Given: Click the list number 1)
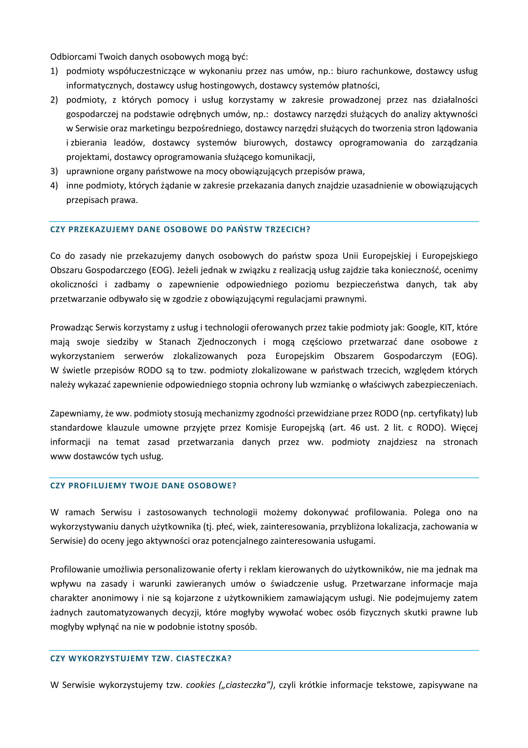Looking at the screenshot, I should [x=54, y=71].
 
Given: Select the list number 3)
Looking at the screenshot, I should [x=54, y=171].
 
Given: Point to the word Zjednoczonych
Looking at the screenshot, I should [x=227, y=342].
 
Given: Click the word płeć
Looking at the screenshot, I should [x=225, y=527].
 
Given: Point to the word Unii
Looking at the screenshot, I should [x=350, y=256].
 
